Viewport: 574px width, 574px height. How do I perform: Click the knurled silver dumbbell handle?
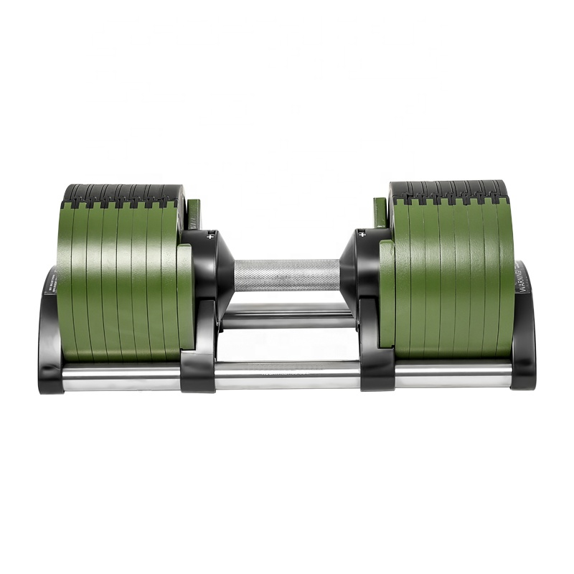(x=287, y=275)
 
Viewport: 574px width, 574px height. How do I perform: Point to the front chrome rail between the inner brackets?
(x=287, y=375)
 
